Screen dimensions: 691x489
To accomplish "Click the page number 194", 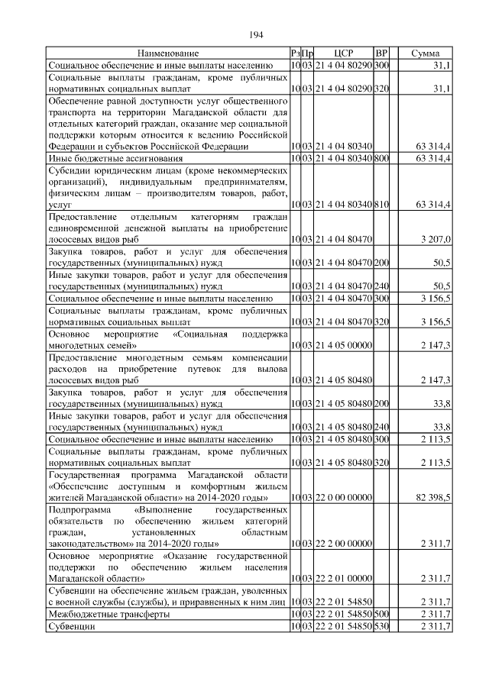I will click(256, 34).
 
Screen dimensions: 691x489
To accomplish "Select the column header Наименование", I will click(168, 53).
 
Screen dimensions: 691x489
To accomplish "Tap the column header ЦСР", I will click(343, 53).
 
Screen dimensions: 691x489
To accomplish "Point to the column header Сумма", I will click(425, 53).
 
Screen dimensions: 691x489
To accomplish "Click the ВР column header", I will click(382, 53).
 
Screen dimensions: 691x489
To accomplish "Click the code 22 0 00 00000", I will click(343, 498).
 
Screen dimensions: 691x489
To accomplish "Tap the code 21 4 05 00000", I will click(343, 346).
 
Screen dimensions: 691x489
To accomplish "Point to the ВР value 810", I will click(382, 205).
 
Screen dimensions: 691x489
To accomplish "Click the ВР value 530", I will click(382, 627).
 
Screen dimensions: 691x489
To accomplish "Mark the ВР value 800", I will click(382, 157).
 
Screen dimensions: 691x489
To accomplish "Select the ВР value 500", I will click(382, 614).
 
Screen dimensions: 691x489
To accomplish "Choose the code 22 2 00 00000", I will click(343, 544).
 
